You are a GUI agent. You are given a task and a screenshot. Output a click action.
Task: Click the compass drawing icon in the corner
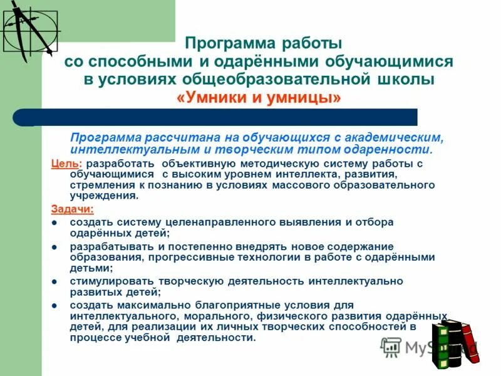point(28,28)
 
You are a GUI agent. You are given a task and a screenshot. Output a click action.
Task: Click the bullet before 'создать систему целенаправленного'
point(54,222)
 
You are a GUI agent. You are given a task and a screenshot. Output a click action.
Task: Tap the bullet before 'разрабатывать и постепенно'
point(54,247)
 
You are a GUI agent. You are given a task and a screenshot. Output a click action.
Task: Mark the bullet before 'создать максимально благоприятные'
point(54,305)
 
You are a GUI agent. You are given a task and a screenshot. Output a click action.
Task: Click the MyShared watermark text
point(426,347)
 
